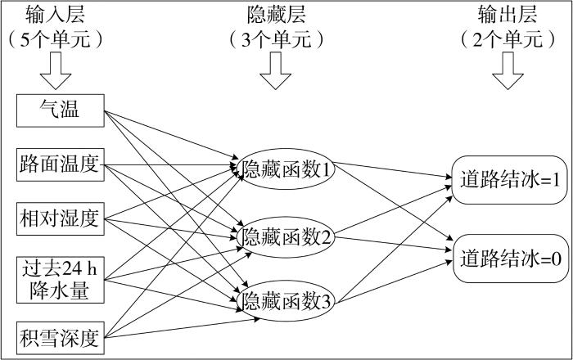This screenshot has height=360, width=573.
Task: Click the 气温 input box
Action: [60, 110]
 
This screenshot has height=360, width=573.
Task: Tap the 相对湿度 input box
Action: [60, 218]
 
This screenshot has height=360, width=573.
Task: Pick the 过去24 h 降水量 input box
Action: [60, 278]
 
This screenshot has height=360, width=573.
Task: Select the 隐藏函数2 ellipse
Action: [286, 237]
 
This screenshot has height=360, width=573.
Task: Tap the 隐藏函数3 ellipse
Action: [286, 301]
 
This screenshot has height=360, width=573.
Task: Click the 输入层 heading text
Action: [56, 14]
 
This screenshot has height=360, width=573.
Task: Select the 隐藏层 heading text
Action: [279, 14]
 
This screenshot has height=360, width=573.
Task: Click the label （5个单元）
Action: [56, 38]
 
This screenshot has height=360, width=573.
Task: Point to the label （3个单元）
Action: [279, 38]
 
